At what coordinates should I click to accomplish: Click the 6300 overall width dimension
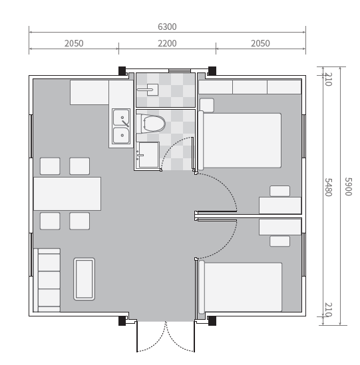[167, 27]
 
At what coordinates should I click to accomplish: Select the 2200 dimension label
[167, 43]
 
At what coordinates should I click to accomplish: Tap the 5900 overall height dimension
[348, 187]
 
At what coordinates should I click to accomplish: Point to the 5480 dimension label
[328, 187]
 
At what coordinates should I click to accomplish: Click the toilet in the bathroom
[151, 124]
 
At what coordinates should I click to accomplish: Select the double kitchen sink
[121, 126]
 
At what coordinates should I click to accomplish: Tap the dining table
[67, 193]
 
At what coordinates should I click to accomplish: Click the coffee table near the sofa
[84, 279]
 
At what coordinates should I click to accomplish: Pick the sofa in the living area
[47, 280]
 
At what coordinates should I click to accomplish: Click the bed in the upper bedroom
[240, 140]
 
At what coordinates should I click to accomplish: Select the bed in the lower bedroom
[240, 287]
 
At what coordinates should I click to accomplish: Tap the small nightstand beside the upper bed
[207, 105]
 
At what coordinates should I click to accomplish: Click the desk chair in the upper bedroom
[280, 191]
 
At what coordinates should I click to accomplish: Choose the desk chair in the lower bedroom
[280, 241]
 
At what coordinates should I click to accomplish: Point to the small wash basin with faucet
[148, 90]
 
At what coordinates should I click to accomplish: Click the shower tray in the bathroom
[148, 155]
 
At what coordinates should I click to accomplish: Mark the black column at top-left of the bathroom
[122, 71]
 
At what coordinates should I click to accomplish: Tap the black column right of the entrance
[212, 320]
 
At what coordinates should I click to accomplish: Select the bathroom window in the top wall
[180, 70]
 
